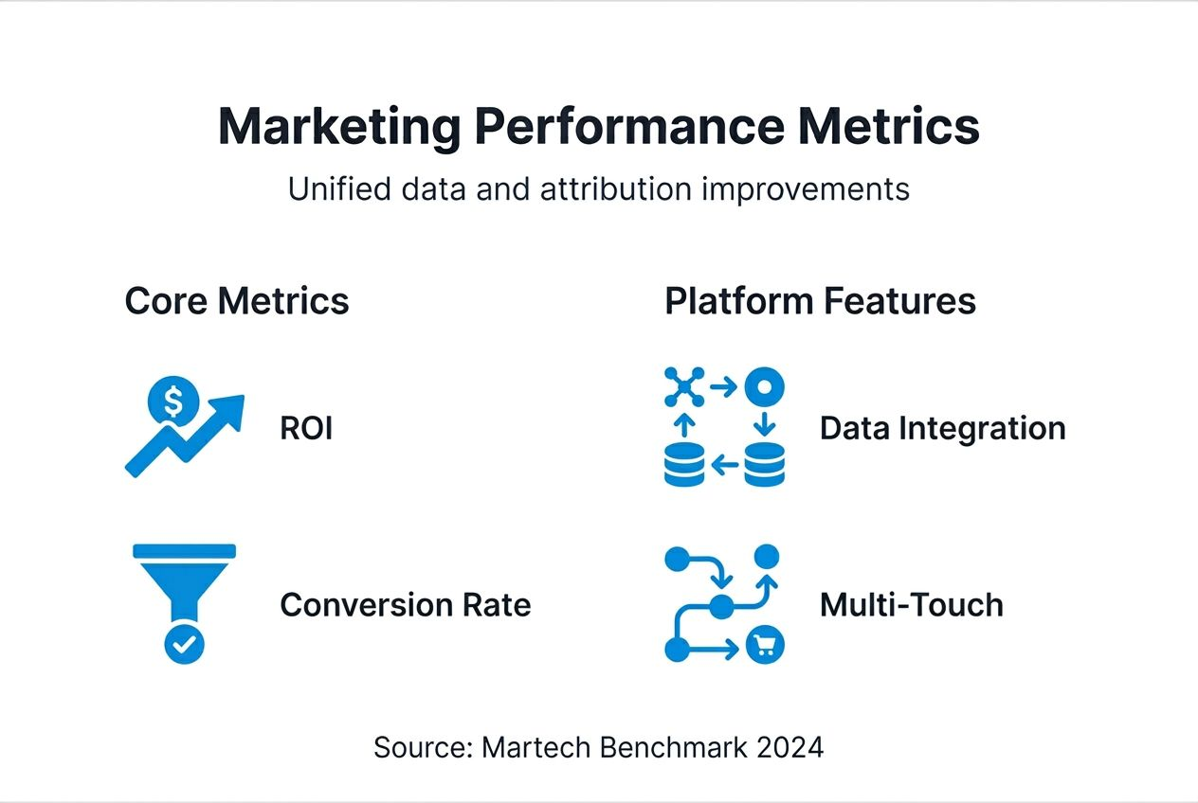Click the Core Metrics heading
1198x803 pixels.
coord(237,301)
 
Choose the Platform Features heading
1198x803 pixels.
coord(820,301)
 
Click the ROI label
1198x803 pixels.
coord(306,429)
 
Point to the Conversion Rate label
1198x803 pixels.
coord(405,605)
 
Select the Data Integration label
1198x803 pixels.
coord(942,429)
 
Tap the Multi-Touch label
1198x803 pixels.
coord(911,605)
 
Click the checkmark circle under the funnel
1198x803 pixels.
coord(184,645)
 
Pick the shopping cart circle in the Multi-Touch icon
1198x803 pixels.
coord(765,646)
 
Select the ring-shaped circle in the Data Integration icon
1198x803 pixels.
coord(764,387)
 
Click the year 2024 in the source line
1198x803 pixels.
coord(790,747)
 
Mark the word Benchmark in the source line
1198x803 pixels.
coord(663,747)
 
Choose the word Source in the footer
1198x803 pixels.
coord(418,747)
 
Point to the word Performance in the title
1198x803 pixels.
coord(628,127)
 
